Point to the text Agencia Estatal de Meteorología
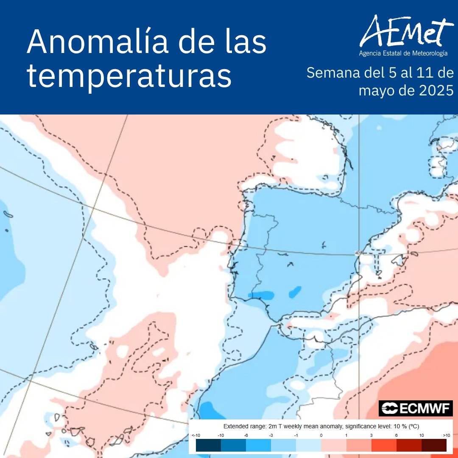[403, 54]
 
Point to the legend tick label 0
[321, 436]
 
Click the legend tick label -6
[246, 436]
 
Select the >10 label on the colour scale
[446, 436]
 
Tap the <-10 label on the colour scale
[196, 436]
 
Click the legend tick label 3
[371, 436]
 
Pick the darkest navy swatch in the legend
[208, 445]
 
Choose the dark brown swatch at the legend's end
[434, 445]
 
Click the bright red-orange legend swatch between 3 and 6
[384, 445]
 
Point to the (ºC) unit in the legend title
[413, 426]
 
